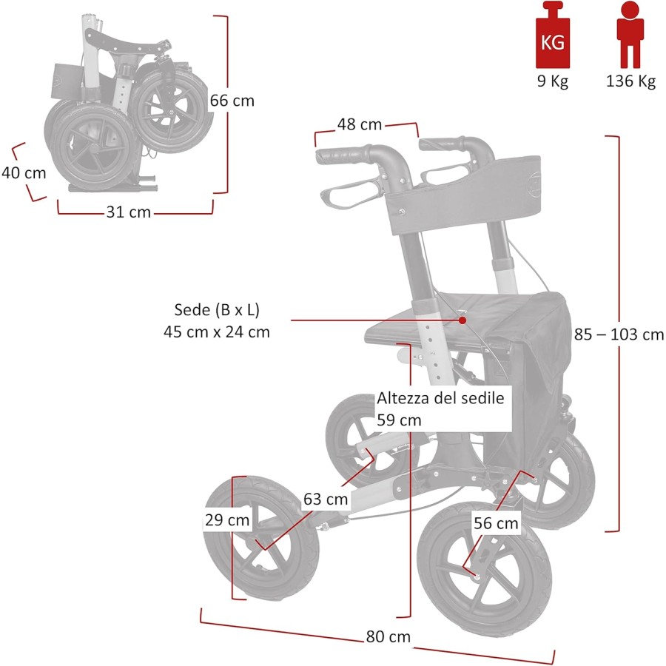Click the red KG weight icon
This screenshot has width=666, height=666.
(552, 36)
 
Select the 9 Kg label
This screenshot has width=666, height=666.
(552, 81)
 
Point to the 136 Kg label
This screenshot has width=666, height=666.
(630, 81)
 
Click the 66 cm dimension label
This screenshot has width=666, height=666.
(232, 101)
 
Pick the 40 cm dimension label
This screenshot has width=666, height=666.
(24, 173)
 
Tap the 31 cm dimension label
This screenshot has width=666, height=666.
(129, 212)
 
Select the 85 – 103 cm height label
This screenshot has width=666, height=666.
(619, 334)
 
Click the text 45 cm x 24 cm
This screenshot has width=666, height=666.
(216, 332)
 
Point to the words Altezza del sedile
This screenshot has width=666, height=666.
(440, 398)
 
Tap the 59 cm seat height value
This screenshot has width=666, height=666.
(399, 420)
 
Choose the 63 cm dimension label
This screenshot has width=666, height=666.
(326, 499)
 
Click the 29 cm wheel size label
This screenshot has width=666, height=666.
(227, 520)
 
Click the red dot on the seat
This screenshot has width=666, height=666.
(462, 320)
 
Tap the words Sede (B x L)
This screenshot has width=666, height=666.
(216, 309)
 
